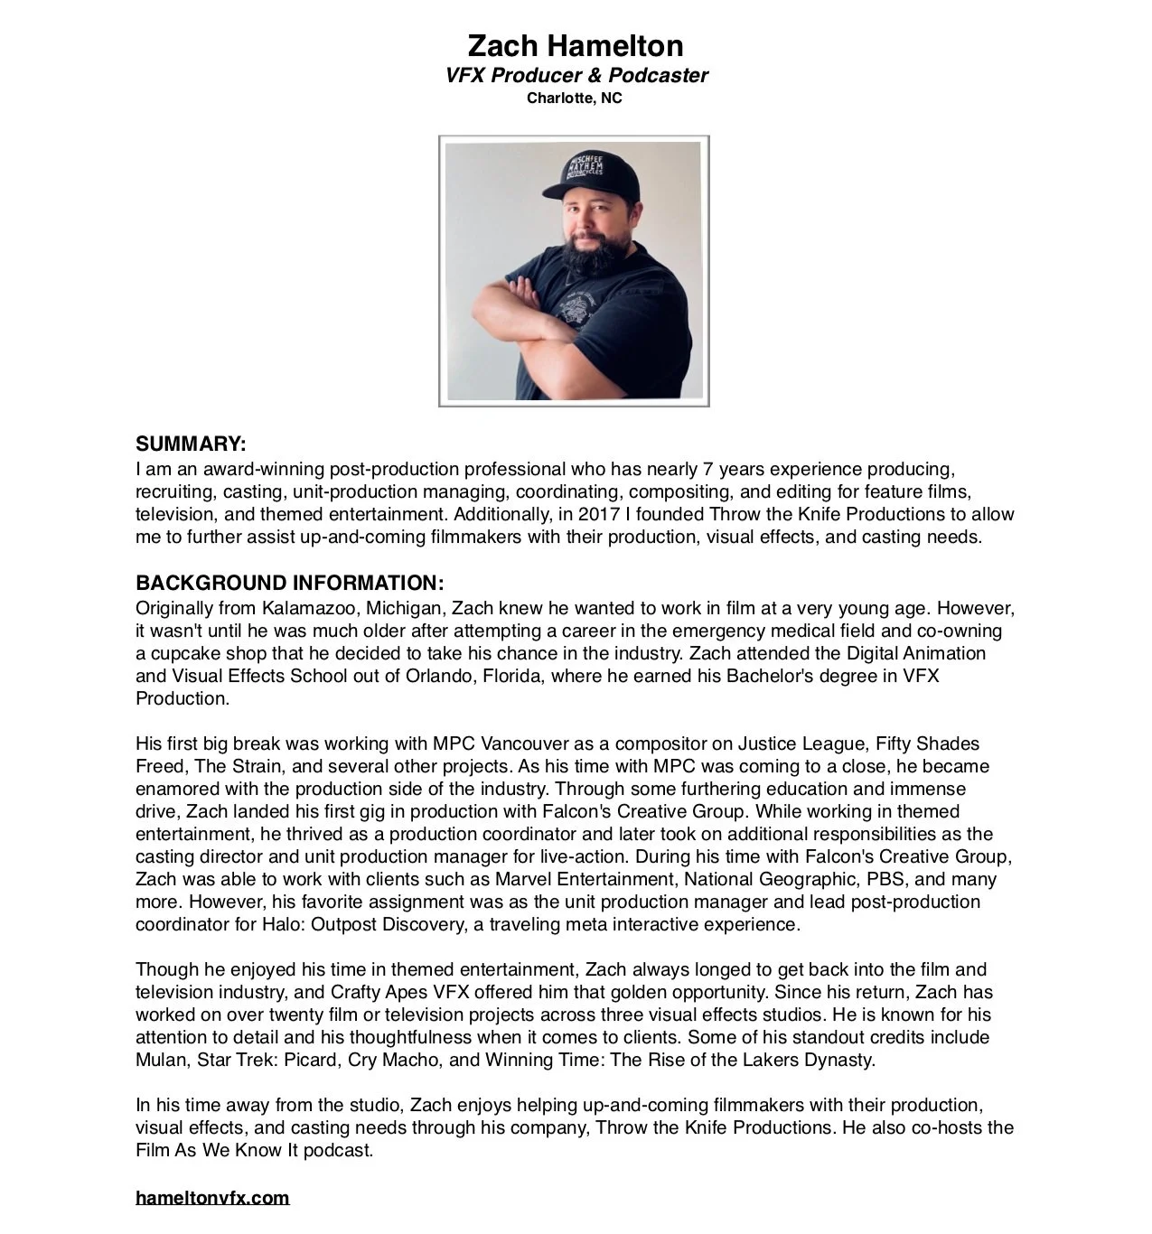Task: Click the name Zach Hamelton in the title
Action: click(575, 45)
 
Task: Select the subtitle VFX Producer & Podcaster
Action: click(576, 76)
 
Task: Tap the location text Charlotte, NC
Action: click(575, 98)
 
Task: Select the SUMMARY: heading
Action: click(191, 444)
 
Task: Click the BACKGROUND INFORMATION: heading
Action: click(289, 583)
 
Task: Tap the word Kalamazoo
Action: click(309, 608)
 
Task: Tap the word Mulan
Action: click(161, 1060)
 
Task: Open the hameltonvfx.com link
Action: click(212, 1198)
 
